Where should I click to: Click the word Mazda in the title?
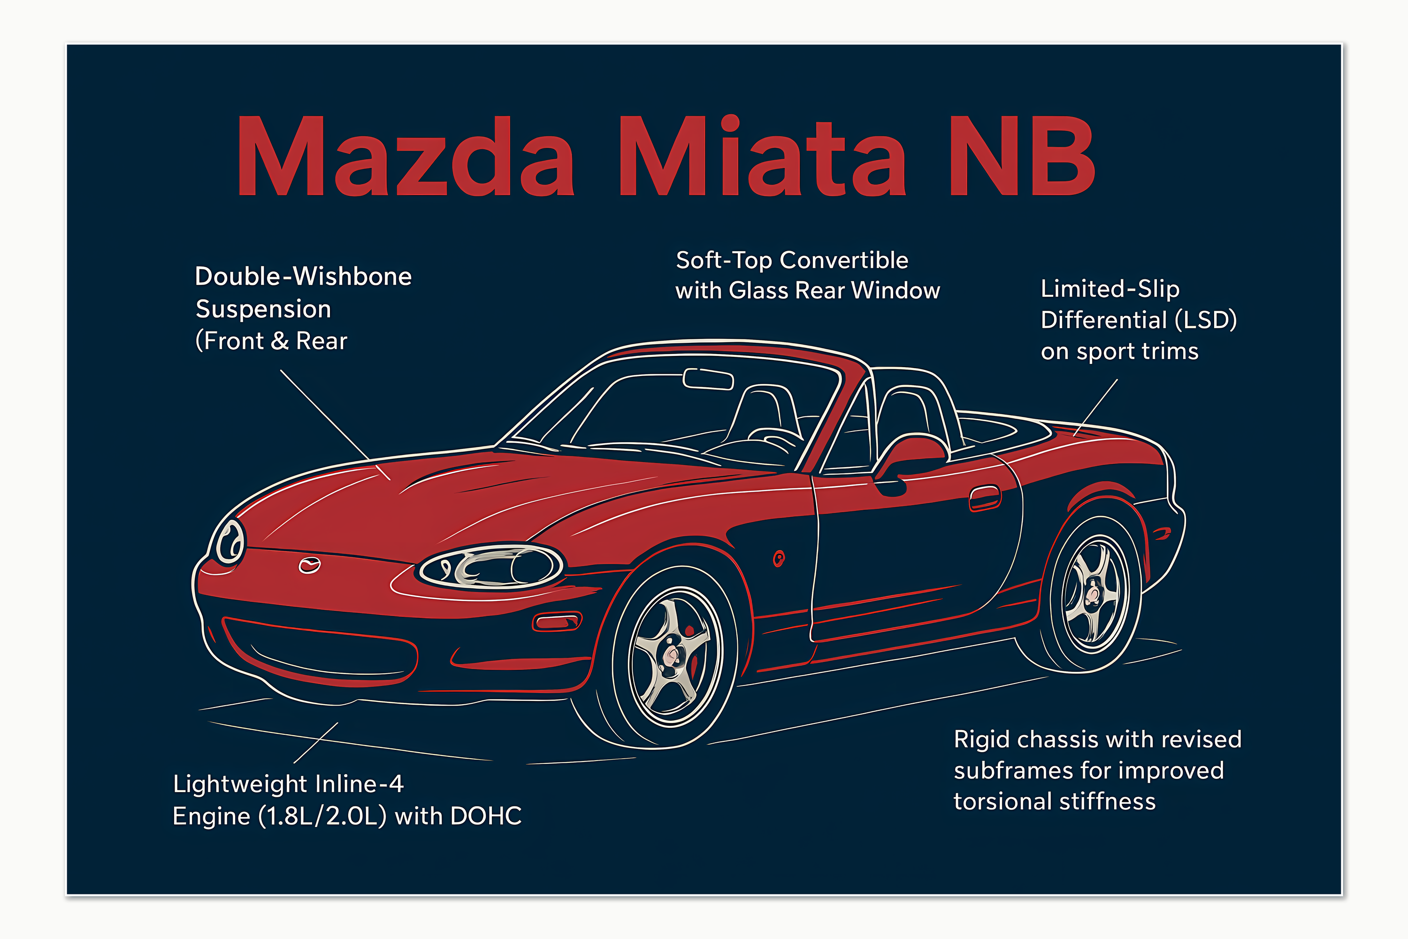click(x=406, y=157)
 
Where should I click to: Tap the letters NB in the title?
click(x=1022, y=157)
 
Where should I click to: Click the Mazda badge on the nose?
click(x=309, y=565)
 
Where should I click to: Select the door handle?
click(x=985, y=498)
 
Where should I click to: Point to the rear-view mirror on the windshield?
click(x=708, y=379)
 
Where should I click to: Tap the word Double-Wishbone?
click(x=304, y=277)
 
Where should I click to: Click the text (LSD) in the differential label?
click(x=1206, y=320)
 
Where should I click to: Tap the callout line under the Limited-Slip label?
click(x=1095, y=407)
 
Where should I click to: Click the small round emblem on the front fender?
click(x=778, y=559)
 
